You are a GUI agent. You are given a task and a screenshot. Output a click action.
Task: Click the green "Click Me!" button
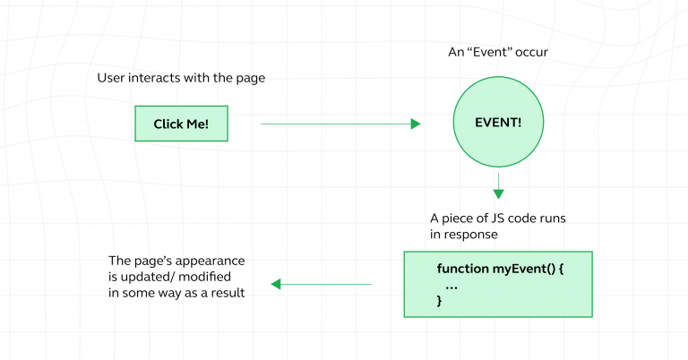click(181, 124)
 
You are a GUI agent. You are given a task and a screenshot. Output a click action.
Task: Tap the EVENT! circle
click(497, 123)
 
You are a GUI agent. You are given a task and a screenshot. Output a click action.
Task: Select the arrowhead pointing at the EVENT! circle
click(416, 124)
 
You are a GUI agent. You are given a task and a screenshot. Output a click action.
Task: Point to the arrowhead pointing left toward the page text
click(276, 284)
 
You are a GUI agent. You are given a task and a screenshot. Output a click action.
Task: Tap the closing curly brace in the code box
click(439, 301)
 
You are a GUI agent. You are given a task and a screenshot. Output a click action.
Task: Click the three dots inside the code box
click(451, 286)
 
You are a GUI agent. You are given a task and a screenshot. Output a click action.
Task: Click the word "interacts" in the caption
click(159, 79)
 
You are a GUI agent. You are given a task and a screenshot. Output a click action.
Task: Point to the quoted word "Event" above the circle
click(490, 52)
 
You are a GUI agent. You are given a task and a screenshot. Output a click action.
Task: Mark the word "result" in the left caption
click(229, 293)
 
